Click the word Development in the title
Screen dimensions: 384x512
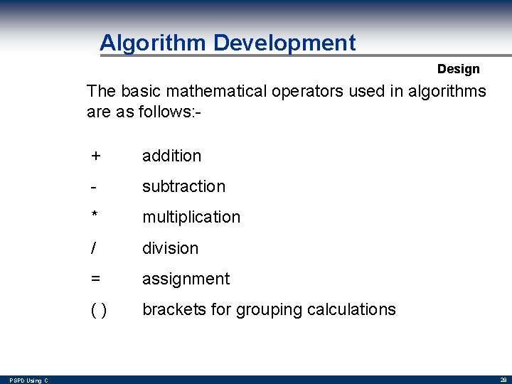pyautogui.click(x=284, y=43)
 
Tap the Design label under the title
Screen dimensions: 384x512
pyautogui.click(x=458, y=69)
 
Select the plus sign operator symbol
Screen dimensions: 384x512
pyautogui.click(x=96, y=156)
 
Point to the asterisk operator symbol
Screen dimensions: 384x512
pyautogui.click(x=95, y=215)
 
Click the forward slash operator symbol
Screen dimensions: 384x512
pyautogui.click(x=94, y=248)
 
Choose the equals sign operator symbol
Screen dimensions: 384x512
pyautogui.click(x=96, y=279)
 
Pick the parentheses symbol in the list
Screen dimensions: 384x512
pyautogui.click(x=99, y=310)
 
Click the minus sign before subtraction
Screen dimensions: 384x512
pyautogui.click(x=93, y=186)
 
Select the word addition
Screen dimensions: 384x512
pyautogui.click(x=171, y=156)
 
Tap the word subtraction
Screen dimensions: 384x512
pyautogui.click(x=183, y=186)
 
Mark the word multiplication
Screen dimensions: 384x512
pyautogui.click(x=191, y=217)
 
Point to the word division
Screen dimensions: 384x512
pyautogui.click(x=170, y=248)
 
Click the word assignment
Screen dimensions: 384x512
pyautogui.click(x=186, y=279)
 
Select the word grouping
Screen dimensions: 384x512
pyautogui.click(x=269, y=310)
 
